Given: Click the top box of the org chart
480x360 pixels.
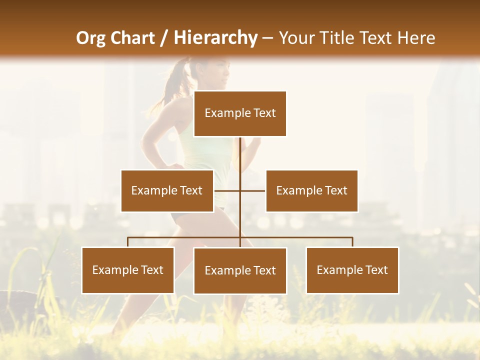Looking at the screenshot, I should click(240, 113).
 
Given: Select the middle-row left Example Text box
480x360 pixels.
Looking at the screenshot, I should click(167, 190).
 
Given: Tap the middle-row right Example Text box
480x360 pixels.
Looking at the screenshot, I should click(311, 190).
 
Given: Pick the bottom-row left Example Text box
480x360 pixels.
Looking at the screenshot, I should click(128, 270).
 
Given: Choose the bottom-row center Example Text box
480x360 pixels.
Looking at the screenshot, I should click(240, 270).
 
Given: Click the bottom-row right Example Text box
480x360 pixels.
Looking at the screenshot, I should click(352, 270).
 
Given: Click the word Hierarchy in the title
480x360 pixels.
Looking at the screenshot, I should click(215, 38).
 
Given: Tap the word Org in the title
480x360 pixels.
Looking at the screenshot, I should click(91, 38).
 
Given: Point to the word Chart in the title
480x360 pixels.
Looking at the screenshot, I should click(132, 38).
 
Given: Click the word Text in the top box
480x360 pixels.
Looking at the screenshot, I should click(264, 113).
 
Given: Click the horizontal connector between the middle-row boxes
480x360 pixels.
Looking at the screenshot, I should click(240, 190).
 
